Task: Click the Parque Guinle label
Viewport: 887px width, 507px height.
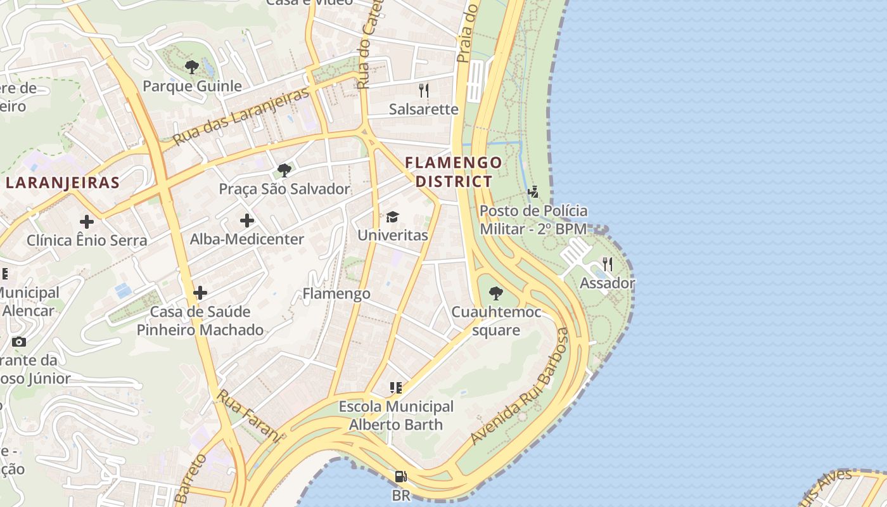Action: pos(192,86)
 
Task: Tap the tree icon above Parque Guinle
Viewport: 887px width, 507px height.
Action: pos(191,67)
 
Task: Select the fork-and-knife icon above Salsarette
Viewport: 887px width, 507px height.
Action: pos(424,91)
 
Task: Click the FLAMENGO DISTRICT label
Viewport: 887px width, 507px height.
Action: pos(454,172)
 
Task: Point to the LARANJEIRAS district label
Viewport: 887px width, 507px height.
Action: pos(63,183)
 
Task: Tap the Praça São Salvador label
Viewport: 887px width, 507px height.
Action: pos(284,189)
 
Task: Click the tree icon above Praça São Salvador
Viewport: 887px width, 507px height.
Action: pos(284,170)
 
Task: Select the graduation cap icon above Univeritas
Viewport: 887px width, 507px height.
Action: pos(393,217)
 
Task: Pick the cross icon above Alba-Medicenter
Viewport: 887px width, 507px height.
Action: pos(247,221)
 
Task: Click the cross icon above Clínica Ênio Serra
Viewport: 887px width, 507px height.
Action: pos(87,222)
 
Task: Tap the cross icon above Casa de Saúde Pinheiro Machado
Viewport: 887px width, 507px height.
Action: pos(200,293)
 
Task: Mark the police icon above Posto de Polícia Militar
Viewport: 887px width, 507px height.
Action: pos(533,191)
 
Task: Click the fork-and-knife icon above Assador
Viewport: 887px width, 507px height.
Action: pos(608,264)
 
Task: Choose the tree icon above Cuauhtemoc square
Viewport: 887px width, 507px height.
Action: pos(496,293)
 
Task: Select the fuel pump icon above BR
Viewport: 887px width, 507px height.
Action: pos(400,477)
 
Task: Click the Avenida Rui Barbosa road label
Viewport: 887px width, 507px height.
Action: pos(519,387)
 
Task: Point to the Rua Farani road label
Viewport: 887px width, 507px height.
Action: pos(248,415)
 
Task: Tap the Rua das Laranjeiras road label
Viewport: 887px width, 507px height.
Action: pos(241,115)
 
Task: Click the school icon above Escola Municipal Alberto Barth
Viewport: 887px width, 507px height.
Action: pos(396,387)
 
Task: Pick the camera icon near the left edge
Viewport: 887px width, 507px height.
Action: pos(19,342)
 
